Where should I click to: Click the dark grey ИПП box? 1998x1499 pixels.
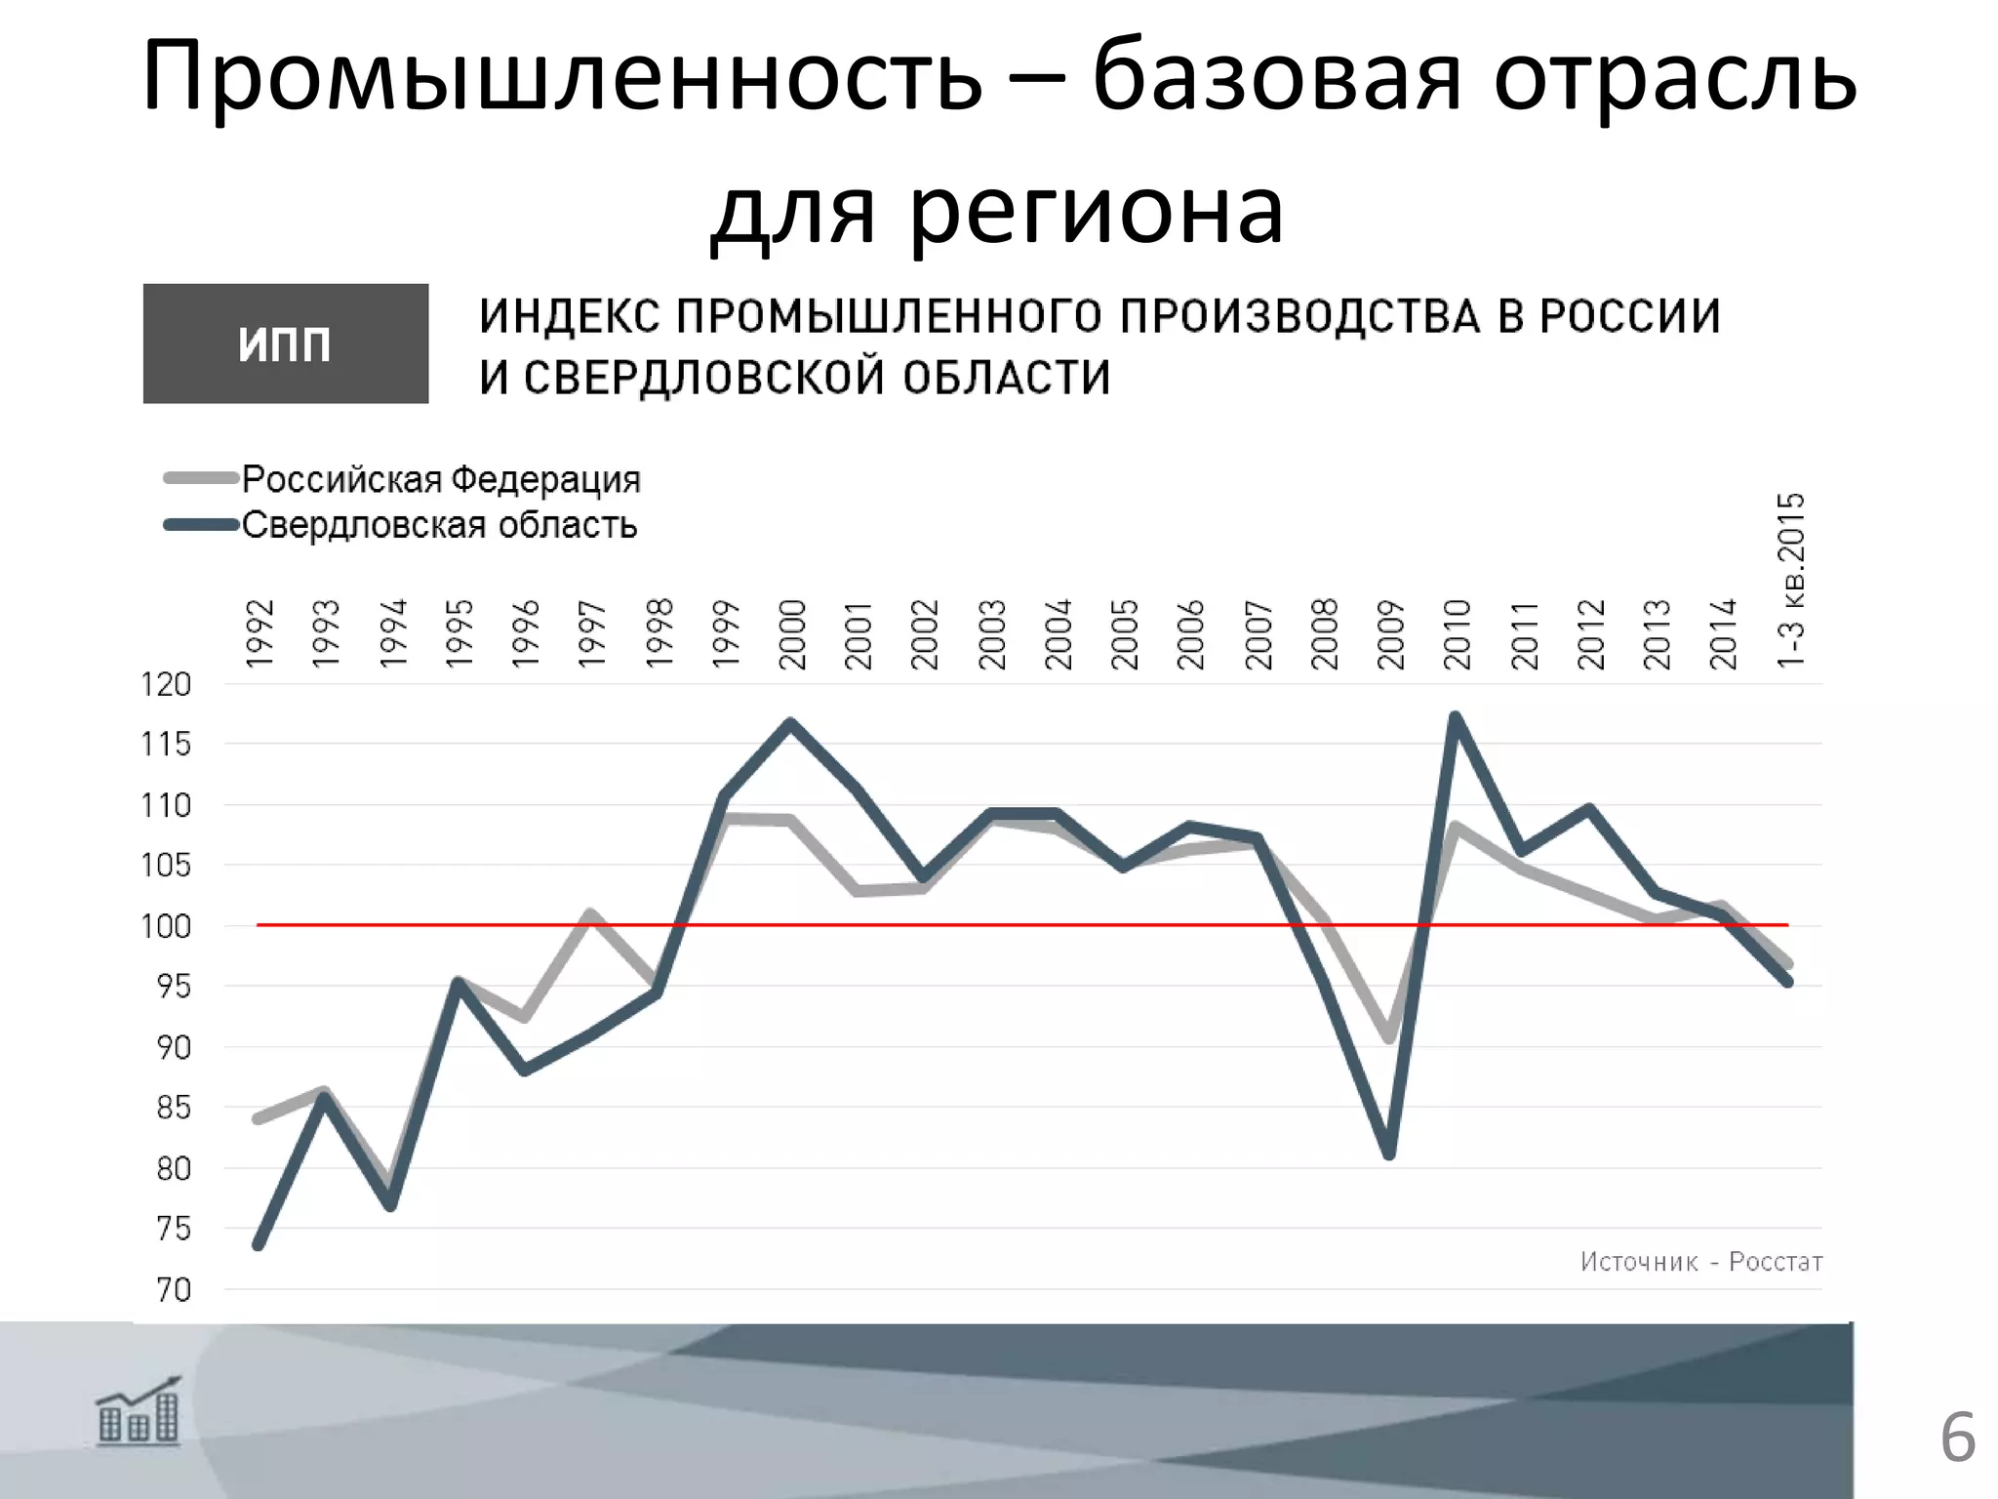point(285,344)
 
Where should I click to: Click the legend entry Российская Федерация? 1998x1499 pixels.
point(440,479)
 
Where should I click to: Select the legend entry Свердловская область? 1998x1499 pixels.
point(439,525)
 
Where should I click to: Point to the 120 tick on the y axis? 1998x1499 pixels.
point(166,684)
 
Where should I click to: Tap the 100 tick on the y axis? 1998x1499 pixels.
point(166,925)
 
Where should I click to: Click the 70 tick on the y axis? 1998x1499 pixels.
point(173,1289)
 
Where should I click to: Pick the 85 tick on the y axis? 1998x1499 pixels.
point(173,1108)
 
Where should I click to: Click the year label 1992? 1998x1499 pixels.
point(260,633)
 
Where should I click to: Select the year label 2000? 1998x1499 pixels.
point(792,633)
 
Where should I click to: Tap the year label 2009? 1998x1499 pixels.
point(1390,633)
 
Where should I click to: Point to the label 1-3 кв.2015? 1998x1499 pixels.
point(1790,581)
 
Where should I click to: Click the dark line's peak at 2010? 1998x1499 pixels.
point(1456,718)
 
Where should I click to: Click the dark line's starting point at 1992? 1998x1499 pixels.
point(259,1245)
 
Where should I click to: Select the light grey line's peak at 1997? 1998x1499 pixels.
point(590,914)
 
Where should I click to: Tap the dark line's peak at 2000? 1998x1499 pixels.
point(790,723)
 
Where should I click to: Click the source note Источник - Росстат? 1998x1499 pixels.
point(1700,1262)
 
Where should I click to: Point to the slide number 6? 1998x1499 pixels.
point(1957,1438)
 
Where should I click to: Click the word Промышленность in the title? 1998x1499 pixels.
point(562,76)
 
